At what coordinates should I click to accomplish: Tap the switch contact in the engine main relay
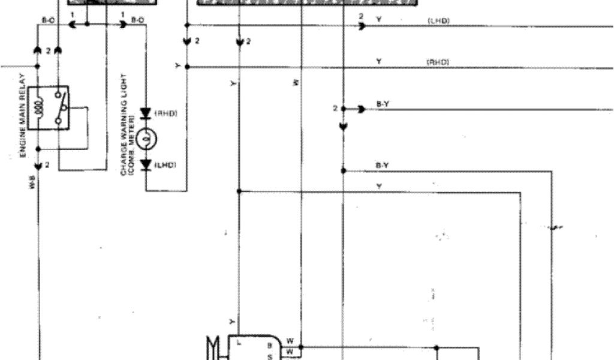point(59,107)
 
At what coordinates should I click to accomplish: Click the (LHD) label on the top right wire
point(439,20)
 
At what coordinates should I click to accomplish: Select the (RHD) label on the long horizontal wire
point(438,62)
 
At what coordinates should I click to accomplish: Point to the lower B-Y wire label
point(382,165)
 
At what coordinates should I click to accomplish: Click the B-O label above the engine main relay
point(49,20)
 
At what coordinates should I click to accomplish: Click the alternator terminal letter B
point(270,346)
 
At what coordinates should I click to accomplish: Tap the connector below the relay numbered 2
point(38,165)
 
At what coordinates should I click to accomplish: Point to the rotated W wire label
point(296,83)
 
